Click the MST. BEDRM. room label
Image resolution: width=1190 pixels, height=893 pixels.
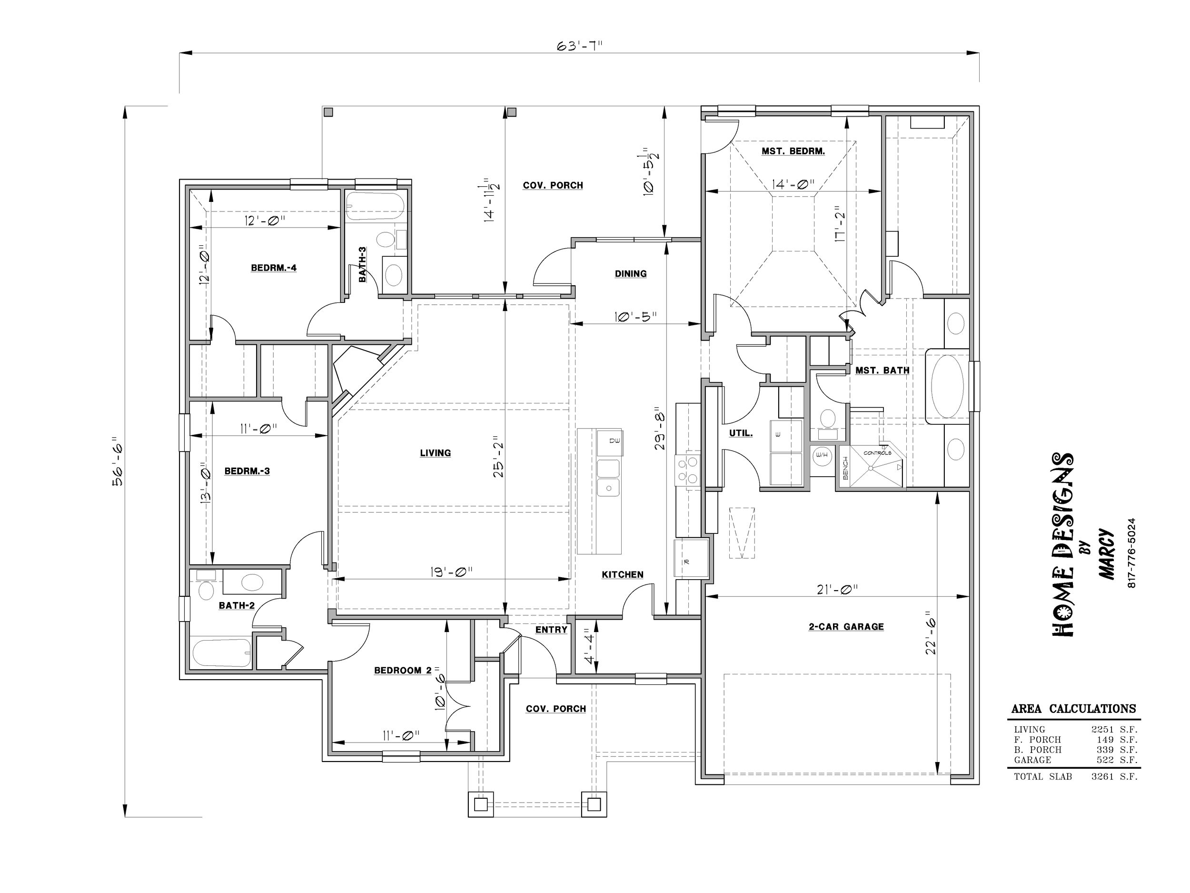coord(793,152)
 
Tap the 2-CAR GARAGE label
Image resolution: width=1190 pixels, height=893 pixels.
coord(846,627)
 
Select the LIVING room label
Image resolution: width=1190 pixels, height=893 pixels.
coord(435,453)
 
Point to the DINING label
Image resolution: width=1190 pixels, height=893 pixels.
coord(631,274)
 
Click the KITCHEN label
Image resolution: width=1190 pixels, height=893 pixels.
coord(623,575)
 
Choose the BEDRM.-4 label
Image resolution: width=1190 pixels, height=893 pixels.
coord(274,268)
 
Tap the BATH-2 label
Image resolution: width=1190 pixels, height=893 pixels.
coord(237,605)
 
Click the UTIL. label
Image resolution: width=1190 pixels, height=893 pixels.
coord(741,433)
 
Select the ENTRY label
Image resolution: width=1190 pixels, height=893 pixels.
coord(551,630)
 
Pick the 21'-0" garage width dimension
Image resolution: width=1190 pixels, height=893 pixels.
coord(837,590)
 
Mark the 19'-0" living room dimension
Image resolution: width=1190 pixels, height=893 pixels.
coord(451,572)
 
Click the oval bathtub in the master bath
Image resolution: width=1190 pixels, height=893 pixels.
coord(947,386)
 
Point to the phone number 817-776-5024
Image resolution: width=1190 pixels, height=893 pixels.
coord(1131,553)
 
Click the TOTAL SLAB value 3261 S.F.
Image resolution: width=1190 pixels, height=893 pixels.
coord(1114,777)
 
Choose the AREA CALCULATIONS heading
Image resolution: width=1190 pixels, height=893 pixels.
coord(1073,709)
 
